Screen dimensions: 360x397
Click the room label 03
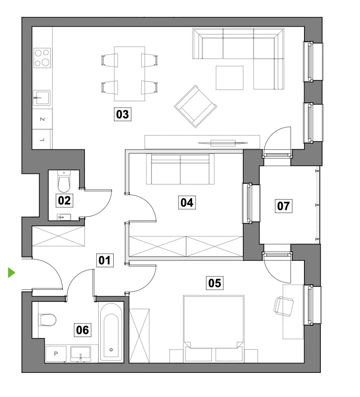(x=123, y=114)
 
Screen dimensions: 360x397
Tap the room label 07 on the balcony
(x=283, y=205)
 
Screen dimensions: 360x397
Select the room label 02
(x=64, y=201)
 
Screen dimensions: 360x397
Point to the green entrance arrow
(x=11, y=273)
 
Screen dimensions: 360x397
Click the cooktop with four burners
(x=42, y=58)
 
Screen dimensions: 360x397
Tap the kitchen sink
(x=42, y=98)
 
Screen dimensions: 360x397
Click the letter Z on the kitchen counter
(x=43, y=119)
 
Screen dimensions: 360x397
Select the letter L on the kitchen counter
(x=42, y=139)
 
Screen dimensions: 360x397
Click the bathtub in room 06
(x=111, y=332)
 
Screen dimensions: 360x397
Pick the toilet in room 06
(x=47, y=320)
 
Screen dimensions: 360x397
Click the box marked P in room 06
(x=56, y=354)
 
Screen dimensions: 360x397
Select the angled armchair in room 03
(x=196, y=106)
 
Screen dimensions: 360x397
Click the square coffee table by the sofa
(x=230, y=78)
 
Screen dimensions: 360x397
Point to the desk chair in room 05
(x=283, y=306)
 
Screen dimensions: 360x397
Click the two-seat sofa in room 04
(x=180, y=169)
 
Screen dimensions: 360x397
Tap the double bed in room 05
(x=214, y=329)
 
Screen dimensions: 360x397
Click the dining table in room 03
(x=129, y=74)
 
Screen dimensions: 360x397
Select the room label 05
(x=214, y=283)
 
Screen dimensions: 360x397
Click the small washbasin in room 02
(x=64, y=217)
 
